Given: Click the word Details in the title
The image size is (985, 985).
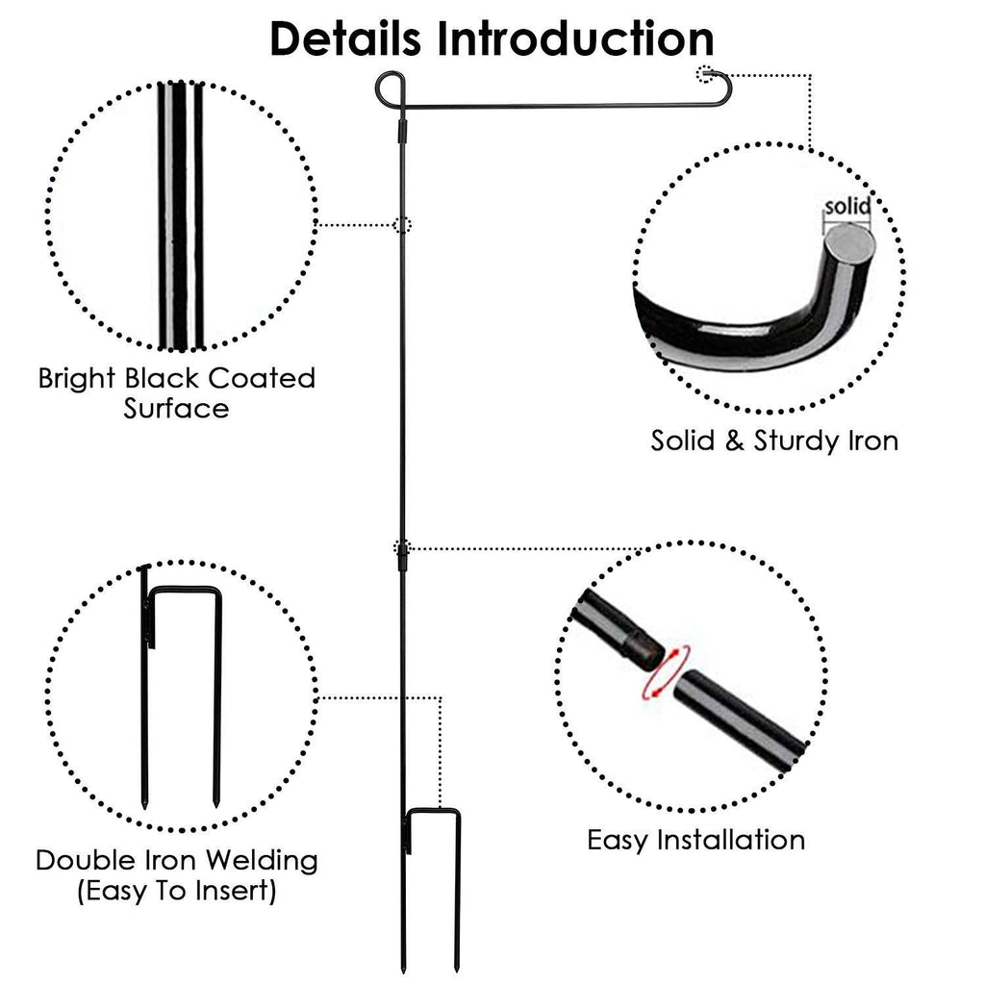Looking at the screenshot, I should pyautogui.click(x=346, y=38).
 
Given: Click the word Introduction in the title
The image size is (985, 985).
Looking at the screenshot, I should pyautogui.click(x=576, y=38).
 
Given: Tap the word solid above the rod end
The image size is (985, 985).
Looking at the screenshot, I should pyautogui.click(x=846, y=207).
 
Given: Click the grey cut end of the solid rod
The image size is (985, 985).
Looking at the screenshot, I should pyautogui.click(x=850, y=240).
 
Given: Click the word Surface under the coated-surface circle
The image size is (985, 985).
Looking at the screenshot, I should pyautogui.click(x=176, y=408).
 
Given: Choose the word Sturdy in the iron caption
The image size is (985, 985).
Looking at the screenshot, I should pyautogui.click(x=790, y=442).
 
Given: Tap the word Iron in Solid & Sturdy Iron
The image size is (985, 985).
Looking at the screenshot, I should pyautogui.click(x=876, y=442).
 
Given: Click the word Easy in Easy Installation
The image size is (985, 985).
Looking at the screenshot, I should pyautogui.click(x=618, y=840).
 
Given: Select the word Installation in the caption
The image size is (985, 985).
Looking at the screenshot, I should pyautogui.click(x=731, y=840).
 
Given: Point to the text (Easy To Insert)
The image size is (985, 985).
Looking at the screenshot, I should pyautogui.click(x=176, y=891).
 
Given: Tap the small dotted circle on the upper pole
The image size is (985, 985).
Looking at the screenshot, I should pyautogui.click(x=403, y=225).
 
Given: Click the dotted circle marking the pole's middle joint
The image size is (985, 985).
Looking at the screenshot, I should pyautogui.click(x=403, y=548).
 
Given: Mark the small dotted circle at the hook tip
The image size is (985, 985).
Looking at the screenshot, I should pyautogui.click(x=708, y=73).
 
